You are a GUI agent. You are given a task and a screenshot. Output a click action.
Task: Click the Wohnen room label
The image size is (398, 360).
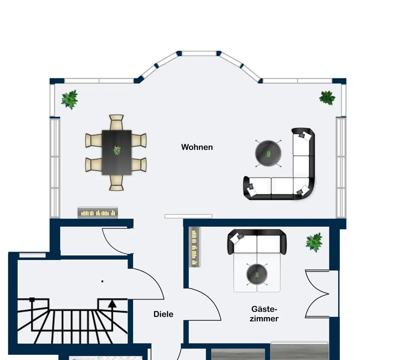197,147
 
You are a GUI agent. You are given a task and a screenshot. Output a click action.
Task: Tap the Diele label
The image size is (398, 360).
163,314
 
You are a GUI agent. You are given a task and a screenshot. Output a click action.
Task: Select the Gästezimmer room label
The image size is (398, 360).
264,314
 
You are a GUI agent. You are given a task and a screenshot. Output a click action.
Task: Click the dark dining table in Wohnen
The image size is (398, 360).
117,153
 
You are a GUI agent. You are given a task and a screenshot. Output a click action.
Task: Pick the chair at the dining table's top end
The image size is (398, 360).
116,122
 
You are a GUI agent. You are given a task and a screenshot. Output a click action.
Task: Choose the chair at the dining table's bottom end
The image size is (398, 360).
116,183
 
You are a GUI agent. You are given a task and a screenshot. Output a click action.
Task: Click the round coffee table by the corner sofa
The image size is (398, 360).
268,153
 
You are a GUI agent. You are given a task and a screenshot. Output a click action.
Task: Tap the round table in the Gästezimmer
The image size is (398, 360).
257,274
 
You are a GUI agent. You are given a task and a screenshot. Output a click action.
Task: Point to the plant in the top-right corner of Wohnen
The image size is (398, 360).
327,97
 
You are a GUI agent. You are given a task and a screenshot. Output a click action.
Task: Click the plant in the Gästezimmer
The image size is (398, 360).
314,242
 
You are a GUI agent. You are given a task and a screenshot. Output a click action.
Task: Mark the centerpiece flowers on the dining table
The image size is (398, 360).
117,150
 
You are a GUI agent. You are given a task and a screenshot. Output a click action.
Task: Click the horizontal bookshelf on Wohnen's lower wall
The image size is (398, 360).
98,213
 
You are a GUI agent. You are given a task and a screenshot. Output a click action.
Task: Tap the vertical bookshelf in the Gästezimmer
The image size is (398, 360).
194,247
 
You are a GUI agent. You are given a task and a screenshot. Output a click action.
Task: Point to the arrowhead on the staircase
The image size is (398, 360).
112,303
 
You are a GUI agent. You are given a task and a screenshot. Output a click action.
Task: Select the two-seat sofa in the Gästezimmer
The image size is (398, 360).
257,242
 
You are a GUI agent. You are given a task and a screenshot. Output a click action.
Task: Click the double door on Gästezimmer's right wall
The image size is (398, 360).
317,294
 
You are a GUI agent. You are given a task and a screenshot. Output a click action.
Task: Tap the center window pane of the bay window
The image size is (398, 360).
199,54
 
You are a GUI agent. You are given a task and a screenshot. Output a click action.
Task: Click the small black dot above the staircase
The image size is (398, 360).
102,281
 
